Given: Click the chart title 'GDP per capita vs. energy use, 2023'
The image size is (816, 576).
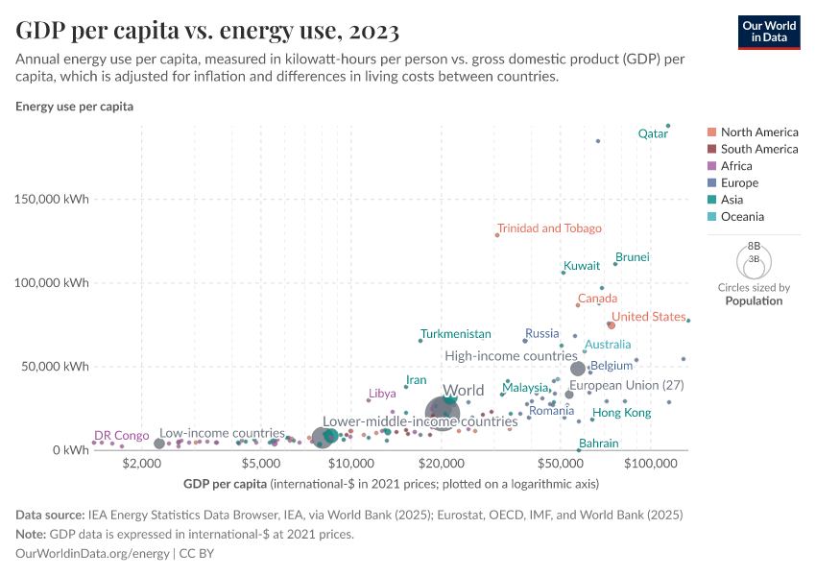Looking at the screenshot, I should click(207, 31).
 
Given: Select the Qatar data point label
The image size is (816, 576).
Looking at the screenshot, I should click(653, 134).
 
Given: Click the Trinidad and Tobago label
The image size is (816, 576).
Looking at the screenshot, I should click(549, 228).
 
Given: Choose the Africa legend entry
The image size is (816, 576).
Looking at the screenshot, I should click(737, 166).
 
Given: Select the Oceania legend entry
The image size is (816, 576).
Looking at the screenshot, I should click(742, 217).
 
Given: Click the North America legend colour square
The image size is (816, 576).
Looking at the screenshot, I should click(710, 132).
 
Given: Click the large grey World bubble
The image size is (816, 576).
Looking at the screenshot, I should click(442, 413).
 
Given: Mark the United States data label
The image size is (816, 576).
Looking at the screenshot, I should click(649, 317).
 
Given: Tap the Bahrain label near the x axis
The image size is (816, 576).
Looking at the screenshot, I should click(599, 444).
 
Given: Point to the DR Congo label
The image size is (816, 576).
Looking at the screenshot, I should click(122, 435).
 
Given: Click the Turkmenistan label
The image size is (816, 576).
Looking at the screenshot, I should click(456, 334).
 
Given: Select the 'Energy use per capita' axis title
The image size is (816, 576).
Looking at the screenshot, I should click(74, 107).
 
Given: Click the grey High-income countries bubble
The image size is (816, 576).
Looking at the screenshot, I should click(578, 369).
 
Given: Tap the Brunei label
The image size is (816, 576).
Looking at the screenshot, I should click(633, 257).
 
